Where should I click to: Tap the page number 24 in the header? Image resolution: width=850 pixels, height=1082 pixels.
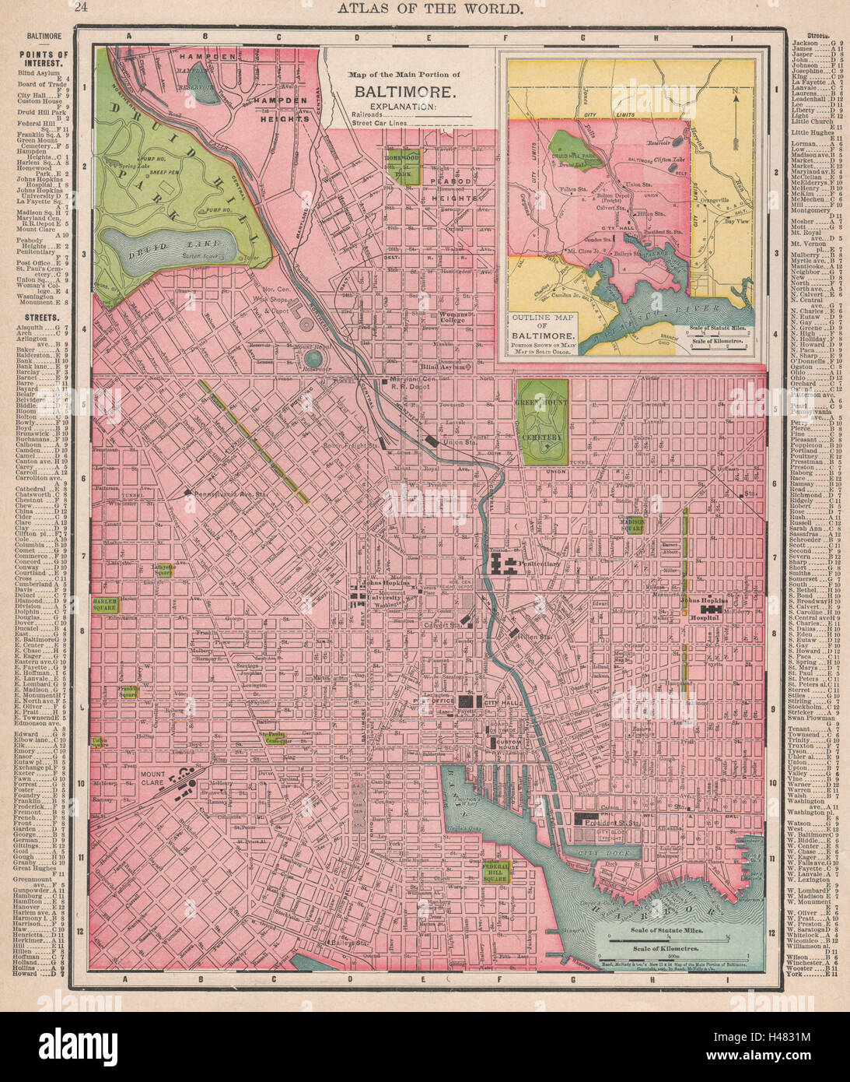click(x=81, y=8)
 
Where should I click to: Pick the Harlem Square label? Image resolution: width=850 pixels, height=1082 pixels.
click(x=104, y=606)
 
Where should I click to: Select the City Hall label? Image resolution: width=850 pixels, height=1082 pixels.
click(x=501, y=702)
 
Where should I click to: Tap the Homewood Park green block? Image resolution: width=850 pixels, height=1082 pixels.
click(x=404, y=166)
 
